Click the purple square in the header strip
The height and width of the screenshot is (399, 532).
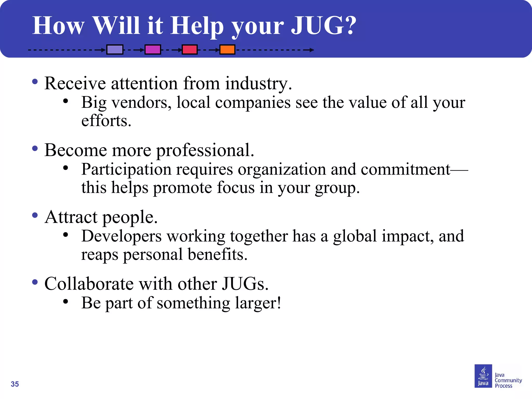(115, 49)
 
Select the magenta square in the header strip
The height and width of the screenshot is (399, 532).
(153, 49)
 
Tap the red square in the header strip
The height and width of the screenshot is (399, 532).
(190, 49)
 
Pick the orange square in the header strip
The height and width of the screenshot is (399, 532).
(227, 49)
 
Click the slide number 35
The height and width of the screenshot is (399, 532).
(15, 384)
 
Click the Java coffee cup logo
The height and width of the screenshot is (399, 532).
(483, 376)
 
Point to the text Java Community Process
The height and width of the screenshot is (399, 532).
(508, 380)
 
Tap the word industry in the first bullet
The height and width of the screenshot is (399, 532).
(258, 84)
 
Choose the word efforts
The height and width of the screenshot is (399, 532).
(106, 121)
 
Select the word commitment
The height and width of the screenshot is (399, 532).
(405, 169)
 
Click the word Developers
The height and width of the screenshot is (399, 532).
(121, 236)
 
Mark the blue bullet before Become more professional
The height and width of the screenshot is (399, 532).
(35, 149)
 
